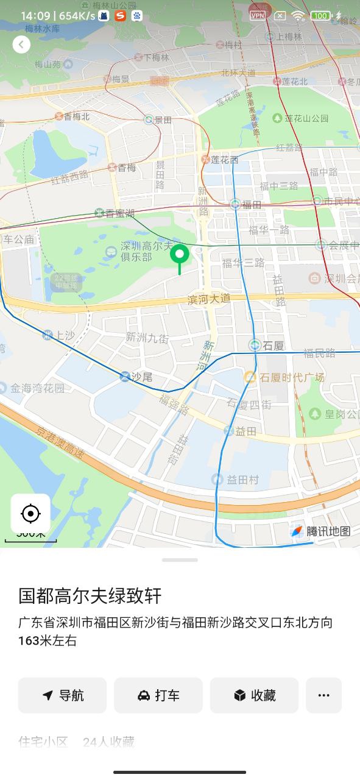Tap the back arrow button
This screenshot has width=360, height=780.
[x=21, y=44]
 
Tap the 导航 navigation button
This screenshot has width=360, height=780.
[x=63, y=695]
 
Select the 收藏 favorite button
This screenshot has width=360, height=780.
[x=254, y=695]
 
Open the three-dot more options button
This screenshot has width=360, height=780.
[x=323, y=695]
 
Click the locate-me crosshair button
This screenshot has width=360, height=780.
[x=30, y=514]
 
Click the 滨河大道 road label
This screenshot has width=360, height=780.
[x=209, y=299]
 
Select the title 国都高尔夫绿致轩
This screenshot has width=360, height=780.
[x=90, y=595]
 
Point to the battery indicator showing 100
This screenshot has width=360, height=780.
[x=320, y=15]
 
